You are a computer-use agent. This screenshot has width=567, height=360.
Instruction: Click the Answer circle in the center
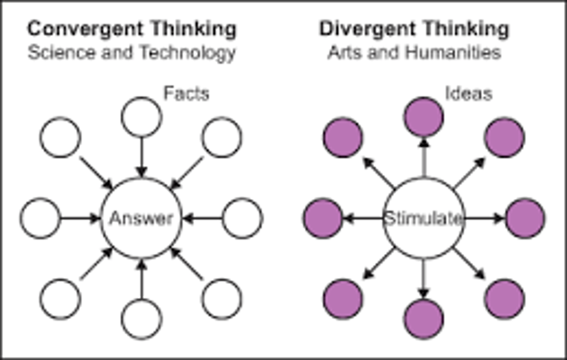[141, 218]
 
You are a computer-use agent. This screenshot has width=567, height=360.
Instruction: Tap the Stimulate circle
[424, 218]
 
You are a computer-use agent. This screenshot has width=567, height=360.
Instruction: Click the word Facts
[186, 94]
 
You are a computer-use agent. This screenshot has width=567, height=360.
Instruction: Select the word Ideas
[469, 94]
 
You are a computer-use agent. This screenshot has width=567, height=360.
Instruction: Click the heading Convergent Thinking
[132, 29]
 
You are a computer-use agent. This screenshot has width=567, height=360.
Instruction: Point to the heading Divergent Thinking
[414, 29]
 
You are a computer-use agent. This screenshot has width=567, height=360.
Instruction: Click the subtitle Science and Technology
[132, 52]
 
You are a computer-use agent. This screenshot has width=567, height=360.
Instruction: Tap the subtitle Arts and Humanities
[414, 52]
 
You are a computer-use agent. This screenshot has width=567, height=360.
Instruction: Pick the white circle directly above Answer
[141, 117]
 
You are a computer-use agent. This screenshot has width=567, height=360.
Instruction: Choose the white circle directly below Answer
[141, 319]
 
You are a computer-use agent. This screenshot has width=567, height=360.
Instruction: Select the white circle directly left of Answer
[40, 218]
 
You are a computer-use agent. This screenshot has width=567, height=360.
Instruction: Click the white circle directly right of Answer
[243, 218]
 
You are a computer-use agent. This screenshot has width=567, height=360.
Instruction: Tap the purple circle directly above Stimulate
[424, 117]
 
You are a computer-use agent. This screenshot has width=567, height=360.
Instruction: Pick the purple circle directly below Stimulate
[424, 319]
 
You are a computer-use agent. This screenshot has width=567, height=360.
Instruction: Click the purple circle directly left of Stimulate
[323, 218]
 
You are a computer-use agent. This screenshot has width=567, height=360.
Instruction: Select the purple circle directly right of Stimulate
[525, 218]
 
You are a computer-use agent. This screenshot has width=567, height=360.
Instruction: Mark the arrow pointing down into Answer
[141, 157]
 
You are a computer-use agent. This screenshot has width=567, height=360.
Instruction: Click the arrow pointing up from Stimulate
[424, 157]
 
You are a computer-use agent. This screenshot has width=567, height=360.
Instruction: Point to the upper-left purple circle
[343, 137]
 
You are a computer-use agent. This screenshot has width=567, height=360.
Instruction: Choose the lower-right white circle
[222, 299]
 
